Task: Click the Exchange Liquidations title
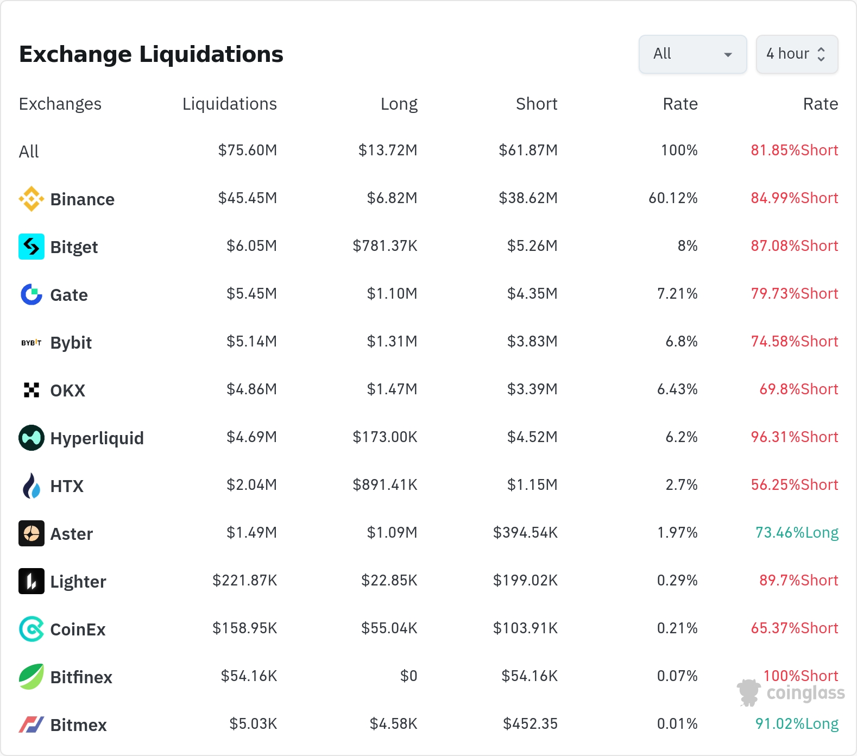click(x=151, y=54)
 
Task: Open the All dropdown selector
click(x=692, y=54)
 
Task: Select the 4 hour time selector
click(x=797, y=54)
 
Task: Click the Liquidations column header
click(x=230, y=104)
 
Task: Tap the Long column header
click(x=399, y=104)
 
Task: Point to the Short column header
click(x=537, y=104)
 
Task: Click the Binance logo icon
click(x=31, y=199)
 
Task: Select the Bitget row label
click(x=74, y=247)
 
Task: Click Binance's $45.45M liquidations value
click(x=248, y=198)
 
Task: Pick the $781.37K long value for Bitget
click(x=385, y=245)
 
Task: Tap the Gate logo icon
click(x=31, y=294)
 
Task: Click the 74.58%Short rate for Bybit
click(x=795, y=341)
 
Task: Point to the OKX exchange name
click(x=68, y=390)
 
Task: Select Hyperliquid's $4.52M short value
click(x=532, y=437)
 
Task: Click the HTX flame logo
click(x=31, y=486)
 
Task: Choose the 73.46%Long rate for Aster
click(x=797, y=532)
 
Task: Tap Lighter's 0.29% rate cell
click(x=677, y=580)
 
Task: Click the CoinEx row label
click(x=78, y=629)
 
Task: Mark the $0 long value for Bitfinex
click(x=409, y=676)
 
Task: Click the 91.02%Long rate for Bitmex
click(x=797, y=723)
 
